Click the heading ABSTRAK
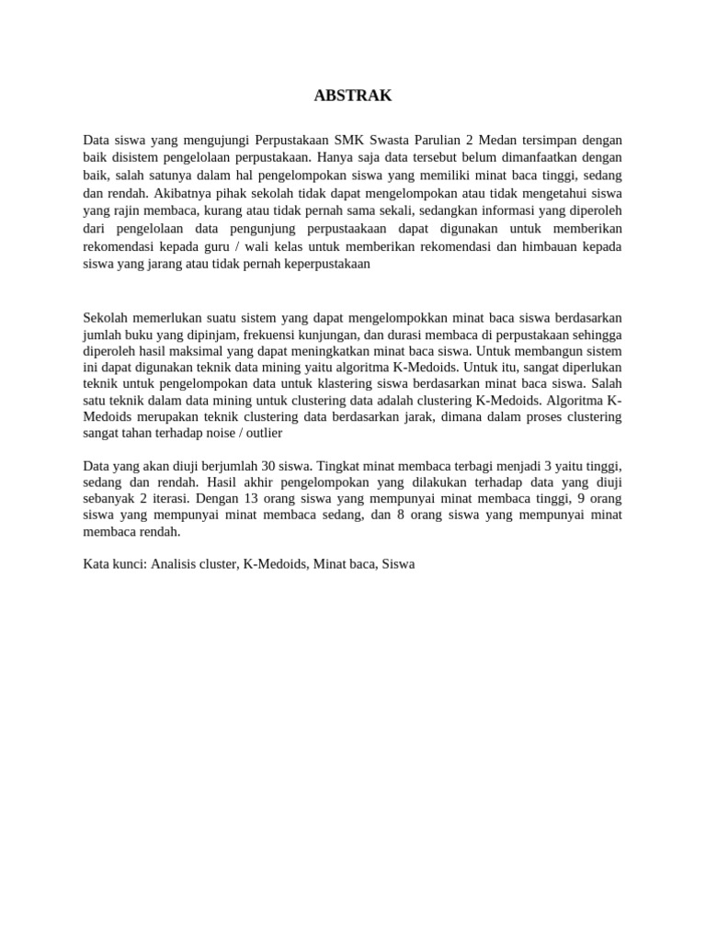pyautogui.click(x=353, y=96)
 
